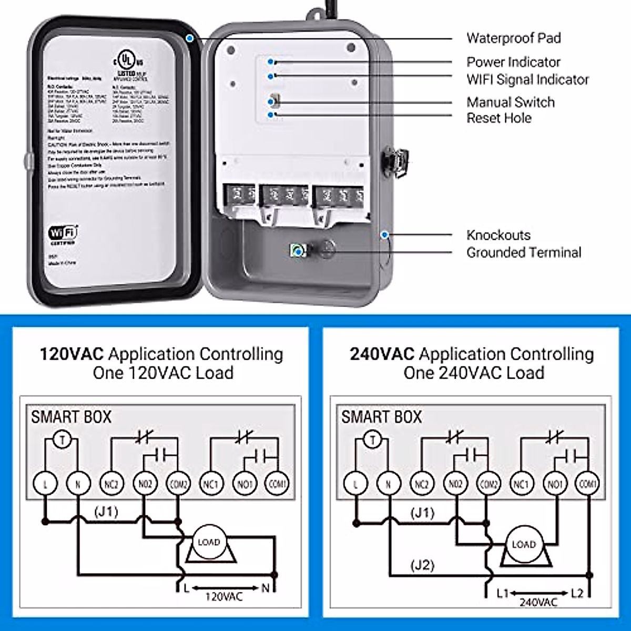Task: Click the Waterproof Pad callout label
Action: pyautogui.click(x=513, y=38)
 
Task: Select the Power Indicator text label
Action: pyautogui.click(x=513, y=62)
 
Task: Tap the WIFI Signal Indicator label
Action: pyautogui.click(x=527, y=79)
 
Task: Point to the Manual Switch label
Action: pyautogui.click(x=510, y=102)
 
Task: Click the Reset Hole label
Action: pyautogui.click(x=498, y=118)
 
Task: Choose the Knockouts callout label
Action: pyautogui.click(x=498, y=235)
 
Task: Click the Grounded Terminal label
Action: pyautogui.click(x=524, y=252)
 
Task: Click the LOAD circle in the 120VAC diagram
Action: pyautogui.click(x=208, y=542)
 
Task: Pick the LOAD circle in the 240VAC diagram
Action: pyautogui.click(x=523, y=545)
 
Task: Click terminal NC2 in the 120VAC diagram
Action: pyautogui.click(x=111, y=483)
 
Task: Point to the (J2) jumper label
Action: pyautogui.click(x=422, y=565)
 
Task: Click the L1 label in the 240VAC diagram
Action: pyautogui.click(x=502, y=593)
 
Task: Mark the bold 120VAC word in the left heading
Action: pyautogui.click(x=72, y=354)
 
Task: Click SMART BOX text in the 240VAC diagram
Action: pyautogui.click(x=381, y=418)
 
